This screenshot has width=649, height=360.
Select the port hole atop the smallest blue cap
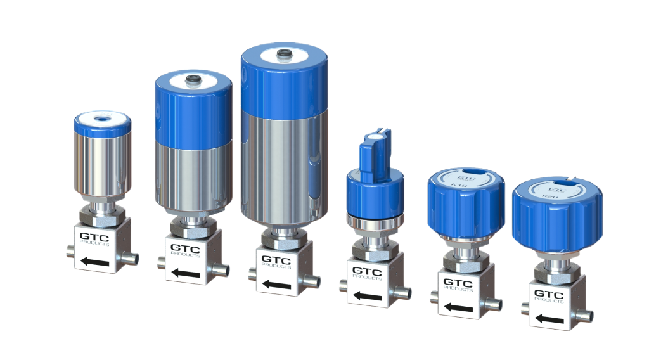(102, 119)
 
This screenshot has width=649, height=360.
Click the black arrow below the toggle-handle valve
(367, 295)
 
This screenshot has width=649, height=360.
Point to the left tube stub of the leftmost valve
(70, 252)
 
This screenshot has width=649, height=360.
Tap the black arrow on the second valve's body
(185, 273)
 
